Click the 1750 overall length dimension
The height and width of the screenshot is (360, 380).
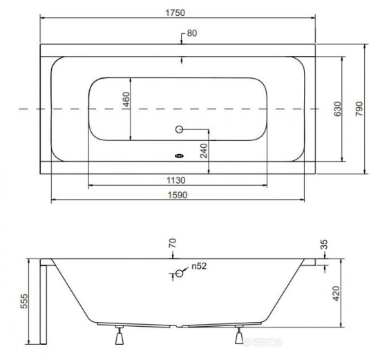[175, 12]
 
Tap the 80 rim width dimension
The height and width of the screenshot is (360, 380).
[192, 33]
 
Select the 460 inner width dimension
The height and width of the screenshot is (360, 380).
[126, 100]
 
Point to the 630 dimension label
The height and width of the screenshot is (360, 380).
[337, 109]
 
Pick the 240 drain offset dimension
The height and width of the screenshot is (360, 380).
[204, 151]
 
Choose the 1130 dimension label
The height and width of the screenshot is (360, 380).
[176, 180]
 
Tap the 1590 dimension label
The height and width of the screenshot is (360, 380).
[178, 195]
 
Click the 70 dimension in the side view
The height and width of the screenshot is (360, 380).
[172, 243]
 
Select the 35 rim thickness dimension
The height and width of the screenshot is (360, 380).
[324, 245]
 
